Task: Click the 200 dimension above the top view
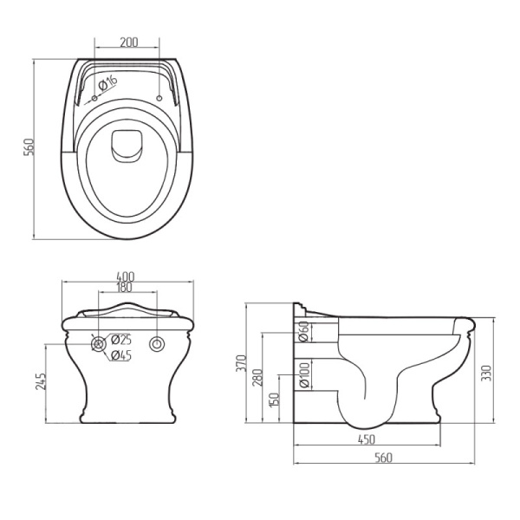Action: (x=128, y=42)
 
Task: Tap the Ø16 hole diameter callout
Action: (x=108, y=83)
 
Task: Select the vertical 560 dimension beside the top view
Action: (x=29, y=147)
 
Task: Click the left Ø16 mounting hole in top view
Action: (x=94, y=98)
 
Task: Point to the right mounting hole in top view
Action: (x=159, y=98)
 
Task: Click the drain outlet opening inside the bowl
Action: (x=127, y=146)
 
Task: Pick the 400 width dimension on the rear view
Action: (x=125, y=276)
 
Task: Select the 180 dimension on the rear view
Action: (x=125, y=287)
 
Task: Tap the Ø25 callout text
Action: (x=121, y=340)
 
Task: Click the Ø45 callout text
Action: (x=121, y=355)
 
